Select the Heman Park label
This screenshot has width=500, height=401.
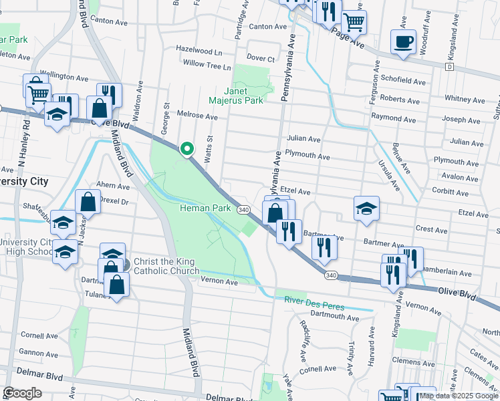pyautogui.click(x=205, y=209)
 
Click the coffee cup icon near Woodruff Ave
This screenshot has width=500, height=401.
pyautogui.click(x=403, y=41)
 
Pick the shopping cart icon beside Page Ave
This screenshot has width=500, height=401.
pyautogui.click(x=354, y=21)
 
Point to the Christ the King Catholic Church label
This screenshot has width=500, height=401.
pyautogui.click(x=166, y=266)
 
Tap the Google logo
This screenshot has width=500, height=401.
pyautogui.click(x=23, y=392)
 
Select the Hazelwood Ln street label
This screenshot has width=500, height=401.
pyautogui.click(x=199, y=50)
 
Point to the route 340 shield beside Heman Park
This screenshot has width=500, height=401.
pyautogui.click(x=243, y=209)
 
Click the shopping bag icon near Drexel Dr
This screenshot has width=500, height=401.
pyautogui.click(x=88, y=200)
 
